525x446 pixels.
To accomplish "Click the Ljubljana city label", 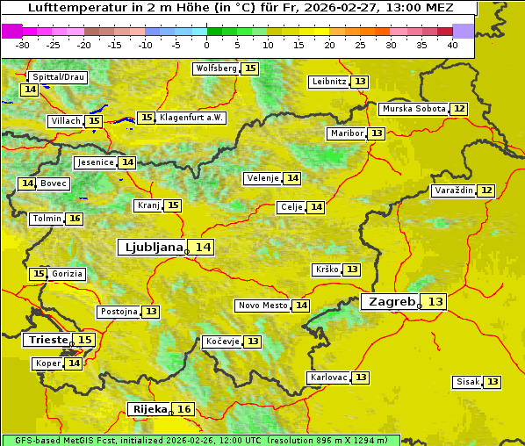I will pyautogui.click(x=151, y=248).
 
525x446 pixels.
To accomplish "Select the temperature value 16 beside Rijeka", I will pyautogui.click(x=183, y=409).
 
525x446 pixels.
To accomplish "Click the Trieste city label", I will pyautogui.click(x=48, y=340).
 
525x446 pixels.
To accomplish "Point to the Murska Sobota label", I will pyautogui.click(x=413, y=109).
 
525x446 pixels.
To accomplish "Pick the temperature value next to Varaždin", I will pyautogui.click(x=486, y=191).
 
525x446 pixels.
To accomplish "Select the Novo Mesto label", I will pyautogui.click(x=262, y=306).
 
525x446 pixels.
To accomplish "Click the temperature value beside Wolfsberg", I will pyautogui.click(x=250, y=68).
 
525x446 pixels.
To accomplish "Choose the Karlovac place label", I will pyautogui.click(x=329, y=378).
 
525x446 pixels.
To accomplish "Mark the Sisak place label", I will pyautogui.click(x=467, y=382).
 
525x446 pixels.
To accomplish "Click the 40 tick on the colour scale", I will pyautogui.click(x=451, y=45).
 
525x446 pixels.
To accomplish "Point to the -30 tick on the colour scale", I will pyautogui.click(x=23, y=45).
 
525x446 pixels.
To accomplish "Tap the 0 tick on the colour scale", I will pyautogui.click(x=206, y=45).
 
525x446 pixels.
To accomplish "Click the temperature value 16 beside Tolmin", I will pyautogui.click(x=75, y=219).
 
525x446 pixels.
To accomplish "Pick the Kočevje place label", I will pyautogui.click(x=221, y=342).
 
